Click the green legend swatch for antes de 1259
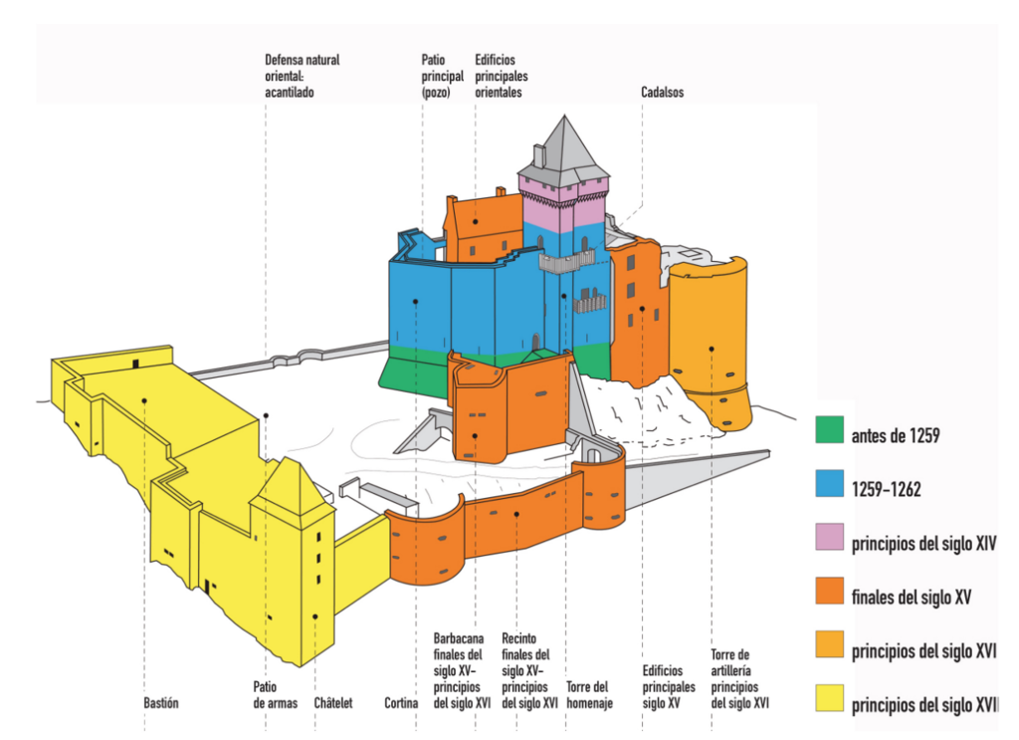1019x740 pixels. [828, 433]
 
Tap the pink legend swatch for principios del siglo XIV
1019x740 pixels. [828, 542]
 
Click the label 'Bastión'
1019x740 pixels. [160, 703]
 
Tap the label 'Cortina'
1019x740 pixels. [401, 703]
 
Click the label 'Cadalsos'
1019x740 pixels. [662, 93]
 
